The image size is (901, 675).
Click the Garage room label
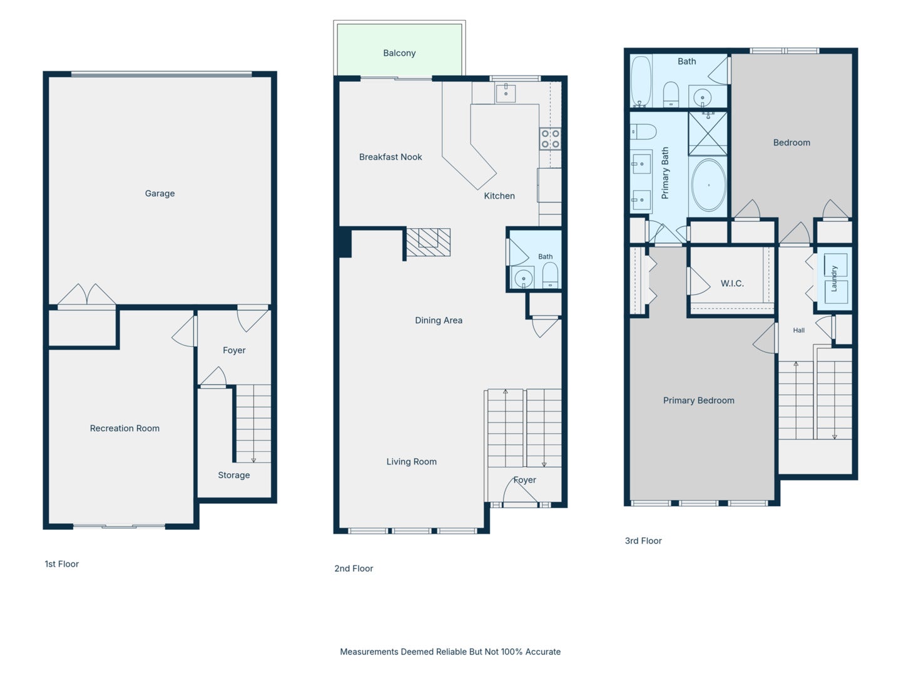tap(160, 194)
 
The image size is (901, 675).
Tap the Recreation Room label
tap(125, 428)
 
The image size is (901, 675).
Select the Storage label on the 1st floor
tap(234, 475)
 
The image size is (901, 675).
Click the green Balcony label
tap(399, 53)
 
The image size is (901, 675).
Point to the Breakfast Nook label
tap(390, 157)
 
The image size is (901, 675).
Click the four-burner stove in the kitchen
tap(550, 139)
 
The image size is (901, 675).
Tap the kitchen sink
tap(506, 92)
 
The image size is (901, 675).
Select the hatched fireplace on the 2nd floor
tap(428, 242)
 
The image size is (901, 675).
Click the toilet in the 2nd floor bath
tap(550, 276)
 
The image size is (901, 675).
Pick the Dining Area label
tap(439, 321)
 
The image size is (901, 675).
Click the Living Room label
tap(411, 462)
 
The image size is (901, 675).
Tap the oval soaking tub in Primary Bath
tap(708, 185)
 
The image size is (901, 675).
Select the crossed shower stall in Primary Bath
tap(708, 134)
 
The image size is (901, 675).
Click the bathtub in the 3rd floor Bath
tap(641, 81)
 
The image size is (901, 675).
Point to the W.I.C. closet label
tap(732, 284)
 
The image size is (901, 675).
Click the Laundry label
tap(833, 279)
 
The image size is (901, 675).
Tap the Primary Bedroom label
tap(699, 401)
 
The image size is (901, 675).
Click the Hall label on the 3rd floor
tap(799, 331)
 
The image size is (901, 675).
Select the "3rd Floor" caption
tap(643, 541)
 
